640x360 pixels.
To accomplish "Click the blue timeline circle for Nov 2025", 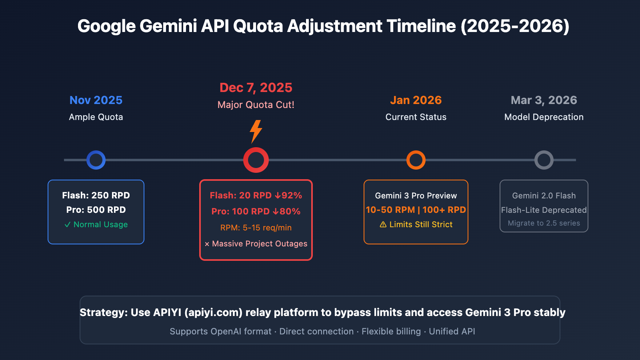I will pyautogui.click(x=96, y=160).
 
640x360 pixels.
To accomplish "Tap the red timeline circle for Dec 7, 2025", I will pyautogui.click(x=256, y=160).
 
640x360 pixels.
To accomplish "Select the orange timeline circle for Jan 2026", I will pyautogui.click(x=416, y=160).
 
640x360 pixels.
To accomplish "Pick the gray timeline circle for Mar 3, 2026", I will pyautogui.click(x=544, y=160).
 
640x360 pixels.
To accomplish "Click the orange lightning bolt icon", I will pyautogui.click(x=256, y=131).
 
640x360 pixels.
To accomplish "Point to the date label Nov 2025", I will pyautogui.click(x=96, y=100).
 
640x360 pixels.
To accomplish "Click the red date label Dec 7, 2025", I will pyautogui.click(x=256, y=88).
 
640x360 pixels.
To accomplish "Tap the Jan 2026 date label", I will pyautogui.click(x=416, y=100).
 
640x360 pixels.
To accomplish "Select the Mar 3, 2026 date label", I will pyautogui.click(x=544, y=100).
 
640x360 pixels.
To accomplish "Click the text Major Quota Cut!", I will pyautogui.click(x=256, y=105).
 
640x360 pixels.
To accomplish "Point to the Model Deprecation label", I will pyautogui.click(x=544, y=117).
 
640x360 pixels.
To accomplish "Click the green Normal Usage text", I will pyautogui.click(x=100, y=224).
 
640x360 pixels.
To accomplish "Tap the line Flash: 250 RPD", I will pyautogui.click(x=96, y=196).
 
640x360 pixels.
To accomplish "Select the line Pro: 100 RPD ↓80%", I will pyautogui.click(x=256, y=211).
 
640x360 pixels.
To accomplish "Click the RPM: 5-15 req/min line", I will pyautogui.click(x=256, y=228).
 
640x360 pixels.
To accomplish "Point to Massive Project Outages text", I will pyautogui.click(x=260, y=244).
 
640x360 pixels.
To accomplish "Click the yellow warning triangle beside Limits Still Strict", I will pyautogui.click(x=383, y=224).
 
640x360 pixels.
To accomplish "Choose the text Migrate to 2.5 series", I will pyautogui.click(x=544, y=223).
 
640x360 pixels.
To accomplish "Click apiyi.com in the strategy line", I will pyautogui.click(x=213, y=312).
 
